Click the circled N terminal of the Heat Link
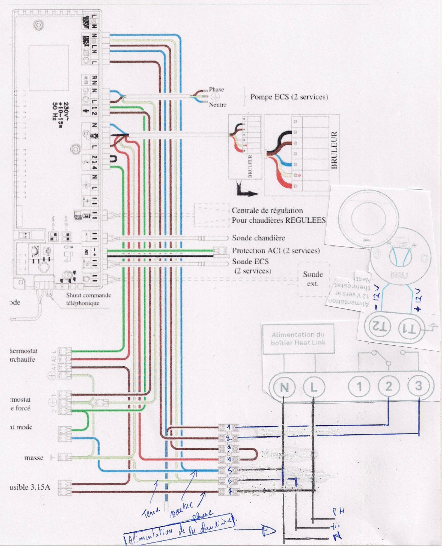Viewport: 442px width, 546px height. [x=284, y=387]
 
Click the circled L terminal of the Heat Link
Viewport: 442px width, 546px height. [x=314, y=387]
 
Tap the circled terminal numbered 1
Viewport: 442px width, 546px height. [x=359, y=387]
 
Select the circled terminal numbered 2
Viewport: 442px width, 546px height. [x=389, y=386]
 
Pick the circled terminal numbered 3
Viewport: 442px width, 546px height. [x=419, y=385]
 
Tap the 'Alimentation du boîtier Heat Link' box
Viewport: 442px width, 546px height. [x=298, y=339]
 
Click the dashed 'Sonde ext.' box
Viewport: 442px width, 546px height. [x=313, y=279]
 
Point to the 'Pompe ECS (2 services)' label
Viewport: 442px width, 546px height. [x=289, y=97]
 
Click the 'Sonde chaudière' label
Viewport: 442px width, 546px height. [x=258, y=238]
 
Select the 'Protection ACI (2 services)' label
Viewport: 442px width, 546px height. [x=276, y=251]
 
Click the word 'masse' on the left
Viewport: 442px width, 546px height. [x=34, y=458]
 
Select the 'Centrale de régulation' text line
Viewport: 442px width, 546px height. [x=267, y=210]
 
